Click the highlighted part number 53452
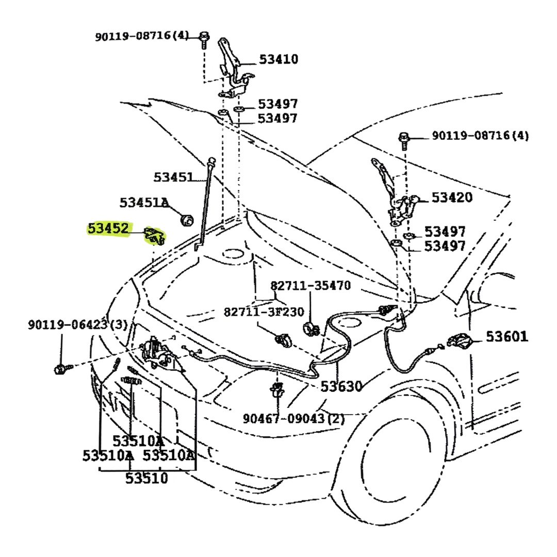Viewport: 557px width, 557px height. [x=108, y=228]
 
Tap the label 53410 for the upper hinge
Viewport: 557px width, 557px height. [x=278, y=59]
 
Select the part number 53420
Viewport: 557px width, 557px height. [x=451, y=197]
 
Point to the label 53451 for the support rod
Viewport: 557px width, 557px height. [x=173, y=177]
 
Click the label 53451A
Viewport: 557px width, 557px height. [x=144, y=202]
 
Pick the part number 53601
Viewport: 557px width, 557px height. [x=507, y=337]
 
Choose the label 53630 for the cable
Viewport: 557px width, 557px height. [x=341, y=386]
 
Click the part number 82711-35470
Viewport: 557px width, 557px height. [x=310, y=286]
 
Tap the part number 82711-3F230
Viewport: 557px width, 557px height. [x=264, y=312]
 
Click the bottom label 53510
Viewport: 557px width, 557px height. [x=146, y=479]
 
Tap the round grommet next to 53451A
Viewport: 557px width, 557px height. [x=186, y=220]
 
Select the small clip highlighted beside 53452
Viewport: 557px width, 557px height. [x=155, y=236]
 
